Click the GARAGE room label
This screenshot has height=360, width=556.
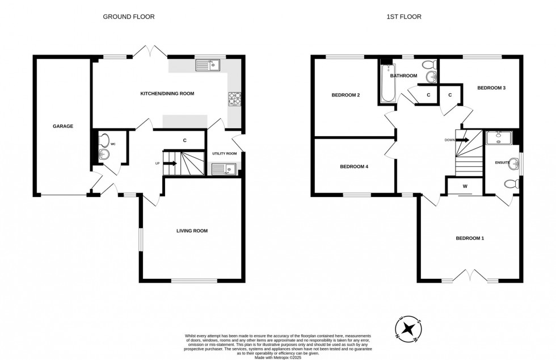[x=63, y=126]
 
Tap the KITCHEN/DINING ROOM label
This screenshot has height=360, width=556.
[x=167, y=93]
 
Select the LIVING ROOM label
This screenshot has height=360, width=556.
[x=192, y=231]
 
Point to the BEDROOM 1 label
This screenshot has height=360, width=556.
[x=470, y=238]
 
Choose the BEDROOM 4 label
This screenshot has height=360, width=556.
[x=354, y=167]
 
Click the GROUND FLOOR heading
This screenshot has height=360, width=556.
[x=128, y=17]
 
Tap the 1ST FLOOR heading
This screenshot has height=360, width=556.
[x=405, y=17]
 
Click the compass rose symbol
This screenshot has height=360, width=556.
[x=408, y=329]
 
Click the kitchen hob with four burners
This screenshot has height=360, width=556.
[x=234, y=99]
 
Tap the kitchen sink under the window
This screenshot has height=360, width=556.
[x=208, y=66]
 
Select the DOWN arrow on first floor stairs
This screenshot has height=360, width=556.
[x=462, y=140]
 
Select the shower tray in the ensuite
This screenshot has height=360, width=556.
[x=499, y=136]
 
